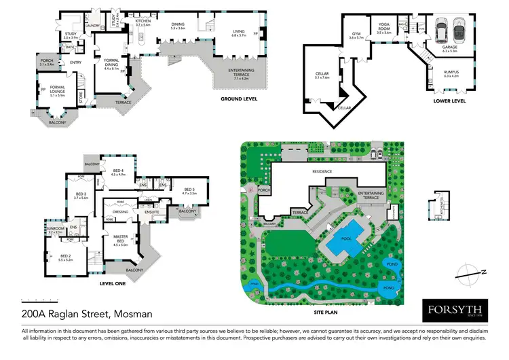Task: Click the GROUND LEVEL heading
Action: pos(243,99)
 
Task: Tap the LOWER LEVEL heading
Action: pos(450,102)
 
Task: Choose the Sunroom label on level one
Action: pos(56,229)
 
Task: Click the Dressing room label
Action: pos(121,212)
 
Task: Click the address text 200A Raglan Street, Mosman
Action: pos(87,314)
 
